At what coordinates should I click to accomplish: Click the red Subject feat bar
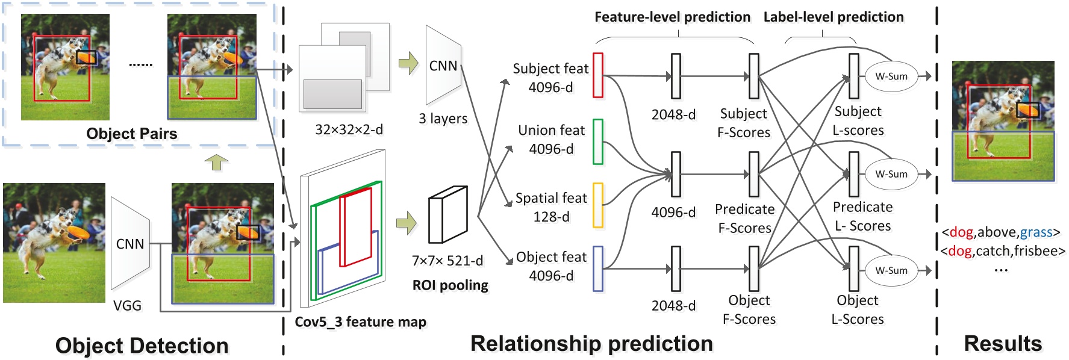597,75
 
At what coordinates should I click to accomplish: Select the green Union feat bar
597,141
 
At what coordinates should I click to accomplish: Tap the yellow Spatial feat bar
597,205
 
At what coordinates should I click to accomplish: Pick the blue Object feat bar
597,268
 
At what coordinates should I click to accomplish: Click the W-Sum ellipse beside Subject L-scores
891,76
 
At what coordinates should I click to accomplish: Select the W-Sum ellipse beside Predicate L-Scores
891,174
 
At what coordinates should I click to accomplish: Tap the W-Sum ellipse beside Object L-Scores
891,270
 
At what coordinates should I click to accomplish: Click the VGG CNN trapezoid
130,244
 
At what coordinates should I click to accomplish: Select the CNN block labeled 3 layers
443,66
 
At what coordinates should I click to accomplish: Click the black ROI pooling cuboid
447,214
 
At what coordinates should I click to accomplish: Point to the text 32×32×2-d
349,129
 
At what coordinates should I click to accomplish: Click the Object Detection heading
142,346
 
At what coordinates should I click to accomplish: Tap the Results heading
1002,343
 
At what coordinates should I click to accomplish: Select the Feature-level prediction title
672,17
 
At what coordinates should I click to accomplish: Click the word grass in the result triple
1036,232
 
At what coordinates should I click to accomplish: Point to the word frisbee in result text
1036,251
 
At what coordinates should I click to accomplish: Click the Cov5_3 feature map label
360,322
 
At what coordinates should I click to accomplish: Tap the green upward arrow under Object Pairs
216,162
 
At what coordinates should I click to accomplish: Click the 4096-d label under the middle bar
673,213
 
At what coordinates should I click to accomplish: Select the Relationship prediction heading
591,343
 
